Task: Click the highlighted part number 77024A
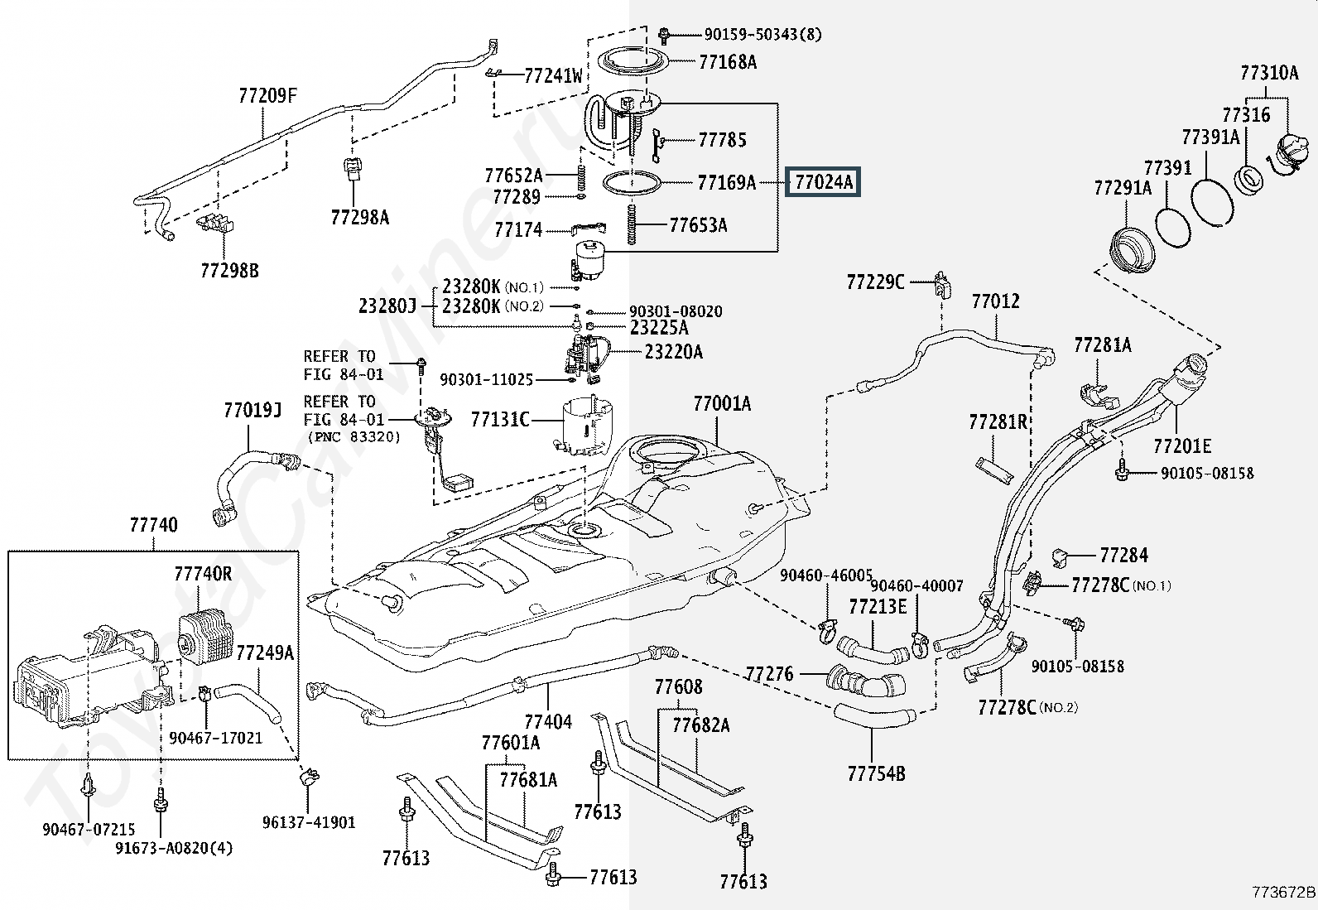(x=824, y=181)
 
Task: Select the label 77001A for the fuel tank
(x=722, y=404)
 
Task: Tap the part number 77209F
(x=267, y=96)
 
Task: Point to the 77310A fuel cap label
(x=1268, y=73)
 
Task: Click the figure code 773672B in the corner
(x=1282, y=892)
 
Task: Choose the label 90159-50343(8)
(x=762, y=35)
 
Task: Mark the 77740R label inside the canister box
(x=203, y=574)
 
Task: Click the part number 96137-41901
(x=309, y=822)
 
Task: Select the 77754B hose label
(x=876, y=774)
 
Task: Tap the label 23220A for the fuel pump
(x=674, y=353)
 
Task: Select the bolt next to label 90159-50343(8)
(x=664, y=35)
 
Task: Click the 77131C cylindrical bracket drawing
(x=588, y=426)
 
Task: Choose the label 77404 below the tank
(x=548, y=721)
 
